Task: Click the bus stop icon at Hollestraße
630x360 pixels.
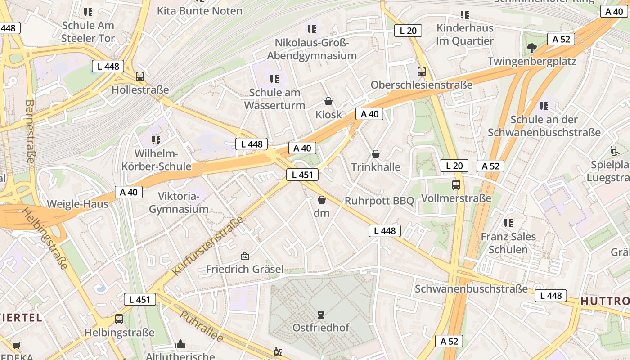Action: point(140,76)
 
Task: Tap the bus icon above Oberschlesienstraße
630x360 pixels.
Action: point(422,71)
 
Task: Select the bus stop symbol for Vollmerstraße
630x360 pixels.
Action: point(456,184)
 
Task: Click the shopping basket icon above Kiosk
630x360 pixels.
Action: point(328,101)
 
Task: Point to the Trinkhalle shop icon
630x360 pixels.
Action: point(376,154)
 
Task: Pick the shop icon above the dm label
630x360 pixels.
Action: point(322,200)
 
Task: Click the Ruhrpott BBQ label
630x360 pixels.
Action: point(379,201)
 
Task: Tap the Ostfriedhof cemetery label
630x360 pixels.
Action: point(321,327)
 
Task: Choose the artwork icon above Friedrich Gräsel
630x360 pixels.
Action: point(245,256)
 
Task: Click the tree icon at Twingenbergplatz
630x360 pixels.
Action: point(532,48)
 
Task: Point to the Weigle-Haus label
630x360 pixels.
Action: point(78,204)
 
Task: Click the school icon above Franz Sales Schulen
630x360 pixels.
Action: point(508,223)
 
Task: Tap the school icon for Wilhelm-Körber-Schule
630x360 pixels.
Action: point(156,140)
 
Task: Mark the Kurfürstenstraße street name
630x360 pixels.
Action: point(207,246)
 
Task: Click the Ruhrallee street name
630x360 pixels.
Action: point(202,325)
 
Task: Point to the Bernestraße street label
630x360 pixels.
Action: point(30,131)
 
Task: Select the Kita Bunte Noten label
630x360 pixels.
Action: point(199,10)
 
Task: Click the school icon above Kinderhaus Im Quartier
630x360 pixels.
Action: point(465,15)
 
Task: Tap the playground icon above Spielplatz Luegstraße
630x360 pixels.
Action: point(614,150)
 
